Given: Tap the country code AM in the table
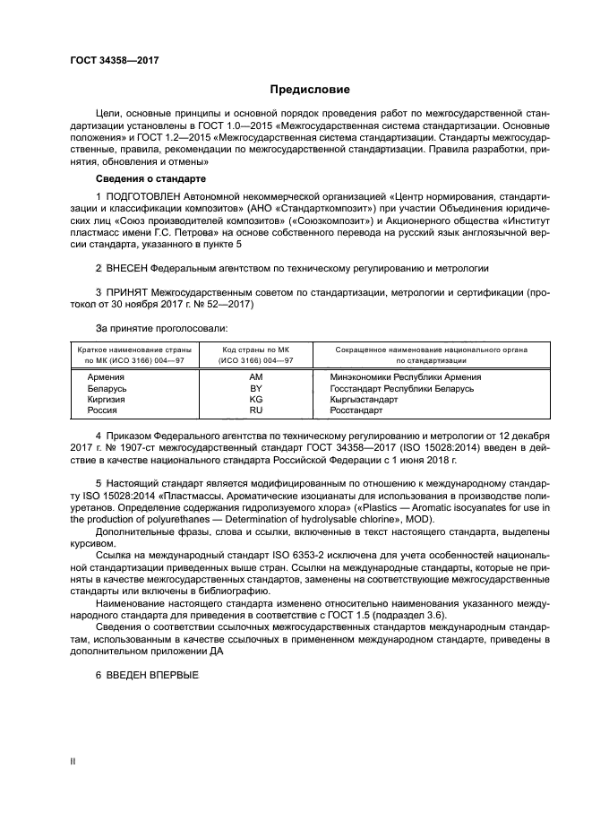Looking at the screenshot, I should point(255,377).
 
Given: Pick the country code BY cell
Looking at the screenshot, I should point(255,388).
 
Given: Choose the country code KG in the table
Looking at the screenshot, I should point(255,399).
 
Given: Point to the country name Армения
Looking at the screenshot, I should point(106,377).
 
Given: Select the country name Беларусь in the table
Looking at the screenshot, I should point(107,388).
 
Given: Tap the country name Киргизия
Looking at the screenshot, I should point(107,399).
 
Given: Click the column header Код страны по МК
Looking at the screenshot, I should point(255,350).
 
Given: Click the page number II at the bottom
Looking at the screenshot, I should point(73,761).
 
